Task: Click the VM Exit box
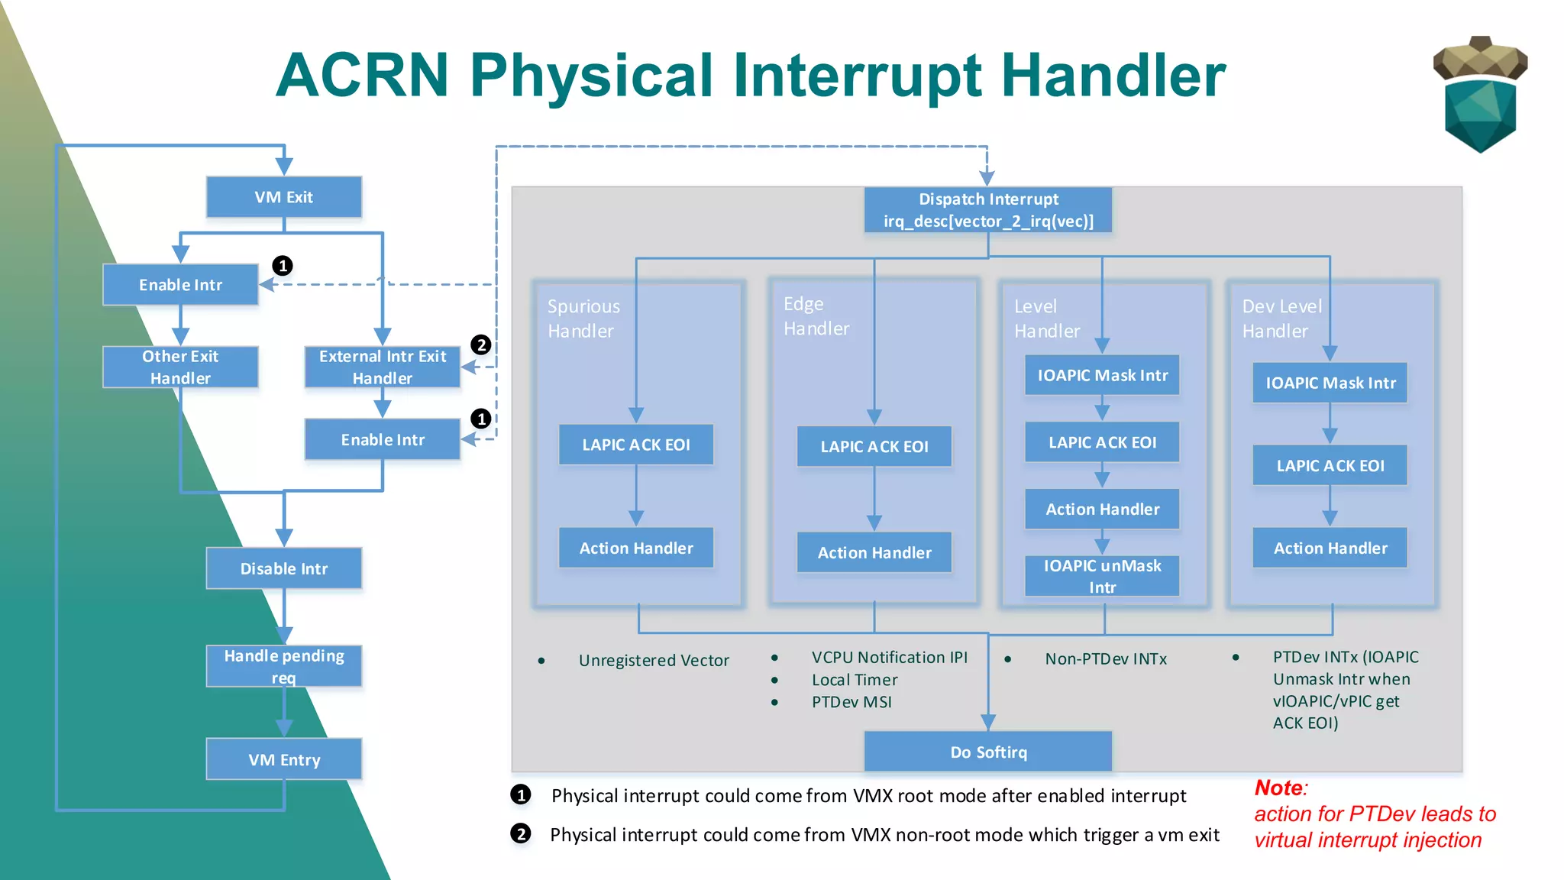[283, 197]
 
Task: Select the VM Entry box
[283, 759]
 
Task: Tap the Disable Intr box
[283, 568]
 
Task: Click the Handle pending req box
[283, 665]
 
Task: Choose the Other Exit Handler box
[180, 367]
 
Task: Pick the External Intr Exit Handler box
[382, 367]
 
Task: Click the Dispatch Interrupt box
[987, 210]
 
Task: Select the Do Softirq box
[987, 752]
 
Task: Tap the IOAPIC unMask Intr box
[1101, 576]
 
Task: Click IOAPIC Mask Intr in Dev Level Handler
[1330, 383]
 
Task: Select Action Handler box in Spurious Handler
[635, 548]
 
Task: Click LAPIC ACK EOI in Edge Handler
[874, 446]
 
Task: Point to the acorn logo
[1479, 93]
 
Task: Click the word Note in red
[1279, 788]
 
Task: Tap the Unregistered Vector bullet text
[653, 660]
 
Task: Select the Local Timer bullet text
[854, 680]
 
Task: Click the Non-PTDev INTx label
[1105, 658]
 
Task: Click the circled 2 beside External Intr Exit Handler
[480, 345]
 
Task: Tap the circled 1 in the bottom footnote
[521, 795]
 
